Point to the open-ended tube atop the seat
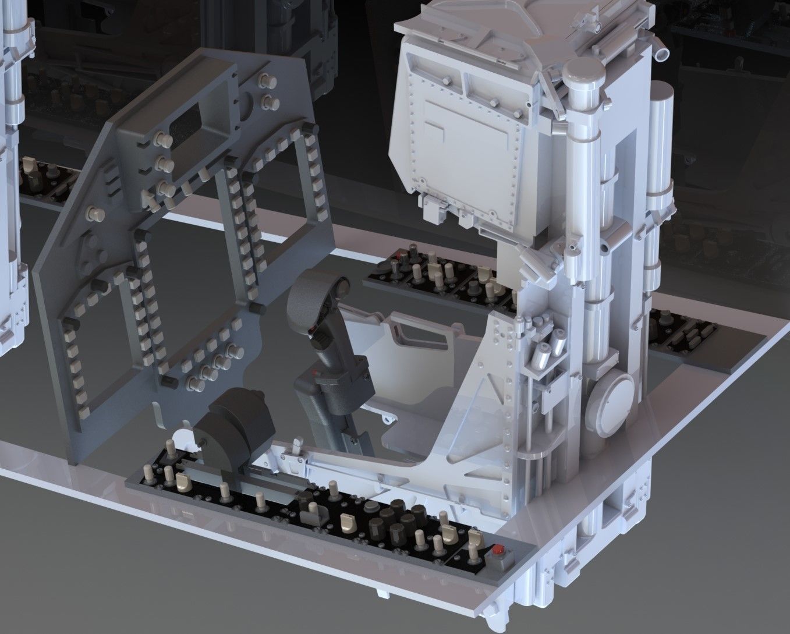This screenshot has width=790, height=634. [663, 54]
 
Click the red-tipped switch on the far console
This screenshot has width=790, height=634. [400, 257]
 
